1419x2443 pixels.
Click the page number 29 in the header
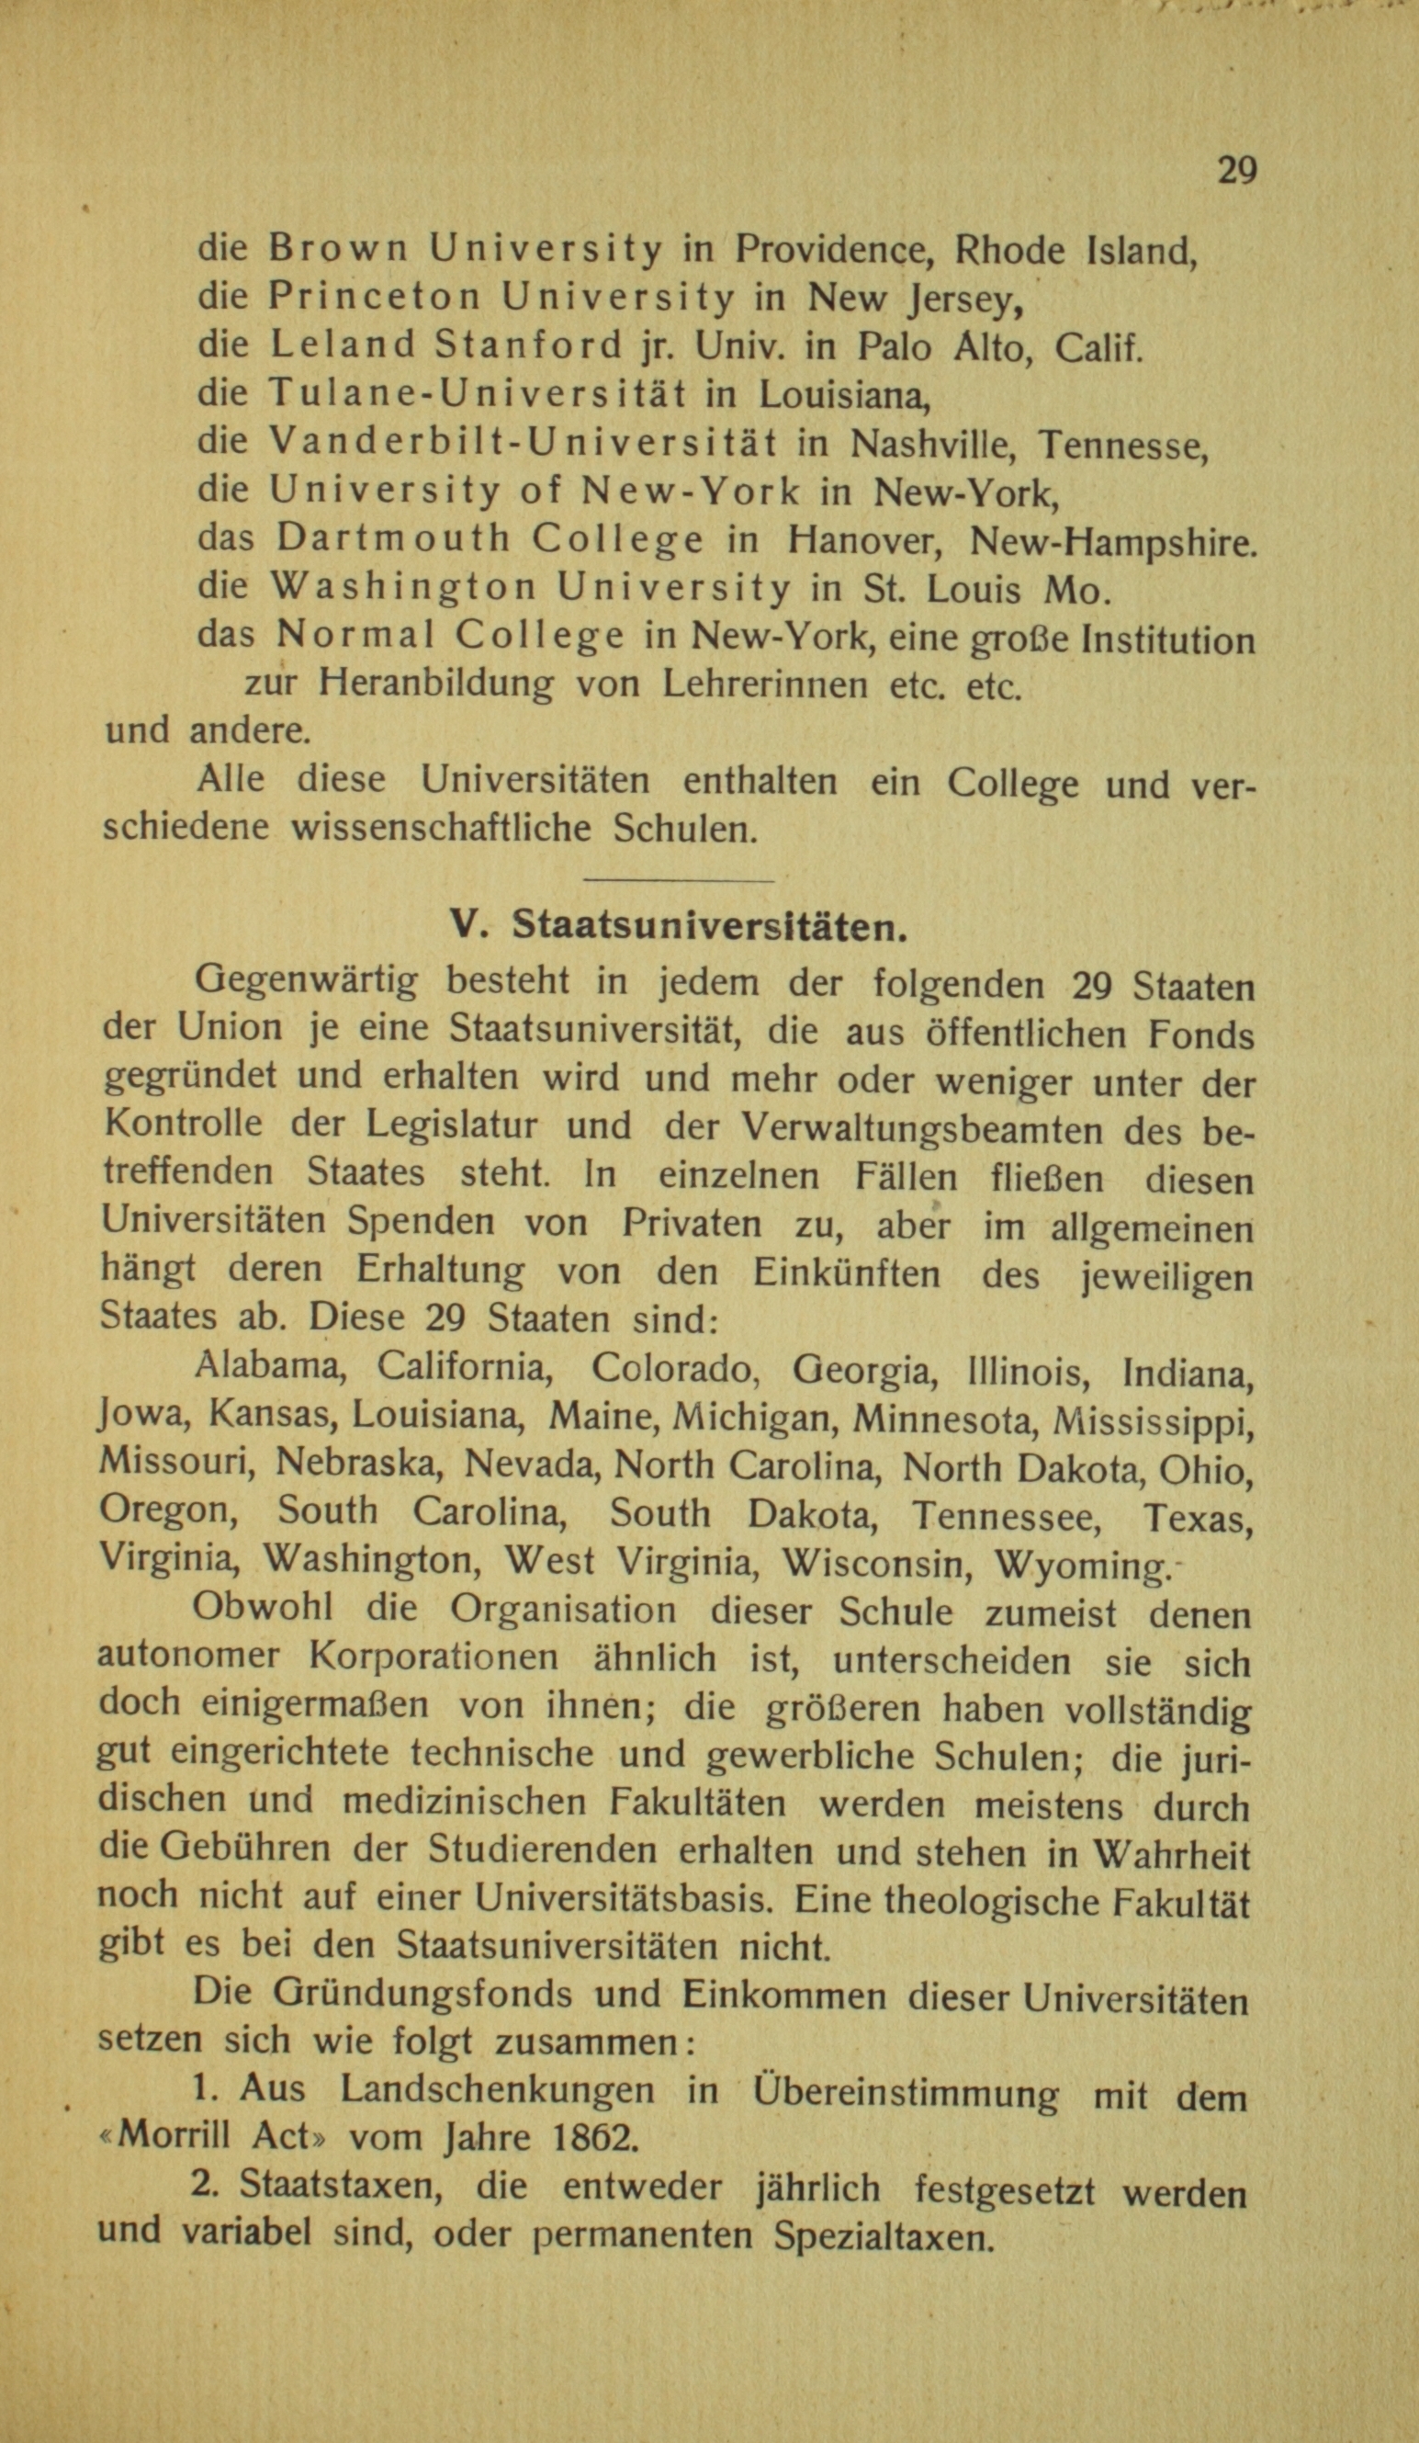pos(1237,171)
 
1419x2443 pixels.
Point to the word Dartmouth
pos(392,538)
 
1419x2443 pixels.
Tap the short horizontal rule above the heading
pos(680,881)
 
